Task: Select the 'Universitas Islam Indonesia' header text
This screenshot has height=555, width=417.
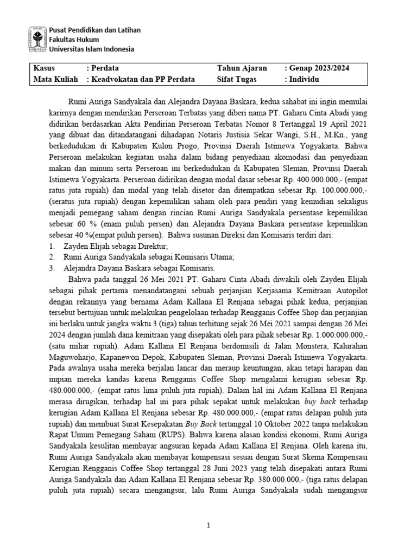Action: (93, 49)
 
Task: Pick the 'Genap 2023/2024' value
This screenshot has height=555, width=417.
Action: (319, 68)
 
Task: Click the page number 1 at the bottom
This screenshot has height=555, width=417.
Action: (208, 525)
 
